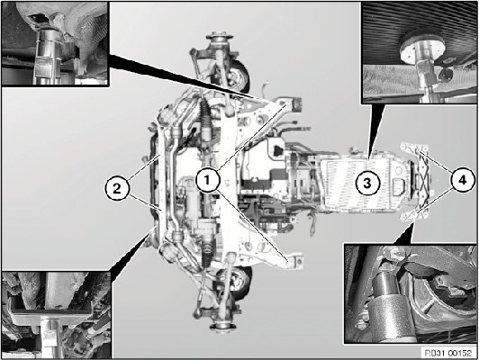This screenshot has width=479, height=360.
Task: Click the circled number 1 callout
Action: (x=208, y=180)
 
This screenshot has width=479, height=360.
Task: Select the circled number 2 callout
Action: (x=117, y=188)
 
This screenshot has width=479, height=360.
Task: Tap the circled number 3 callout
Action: (x=367, y=183)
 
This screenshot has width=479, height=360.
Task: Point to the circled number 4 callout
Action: (x=463, y=180)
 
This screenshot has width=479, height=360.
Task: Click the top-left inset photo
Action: (x=55, y=44)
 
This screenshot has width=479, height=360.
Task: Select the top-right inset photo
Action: (x=419, y=52)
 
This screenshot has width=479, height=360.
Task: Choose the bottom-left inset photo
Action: (x=57, y=315)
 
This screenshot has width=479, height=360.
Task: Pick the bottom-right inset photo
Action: (x=411, y=293)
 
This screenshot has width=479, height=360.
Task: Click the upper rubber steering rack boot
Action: (x=205, y=115)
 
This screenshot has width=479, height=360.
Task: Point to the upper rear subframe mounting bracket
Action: (x=289, y=104)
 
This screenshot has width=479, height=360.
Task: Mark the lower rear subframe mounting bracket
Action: (x=293, y=261)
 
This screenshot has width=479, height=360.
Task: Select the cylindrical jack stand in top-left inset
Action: (x=48, y=57)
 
